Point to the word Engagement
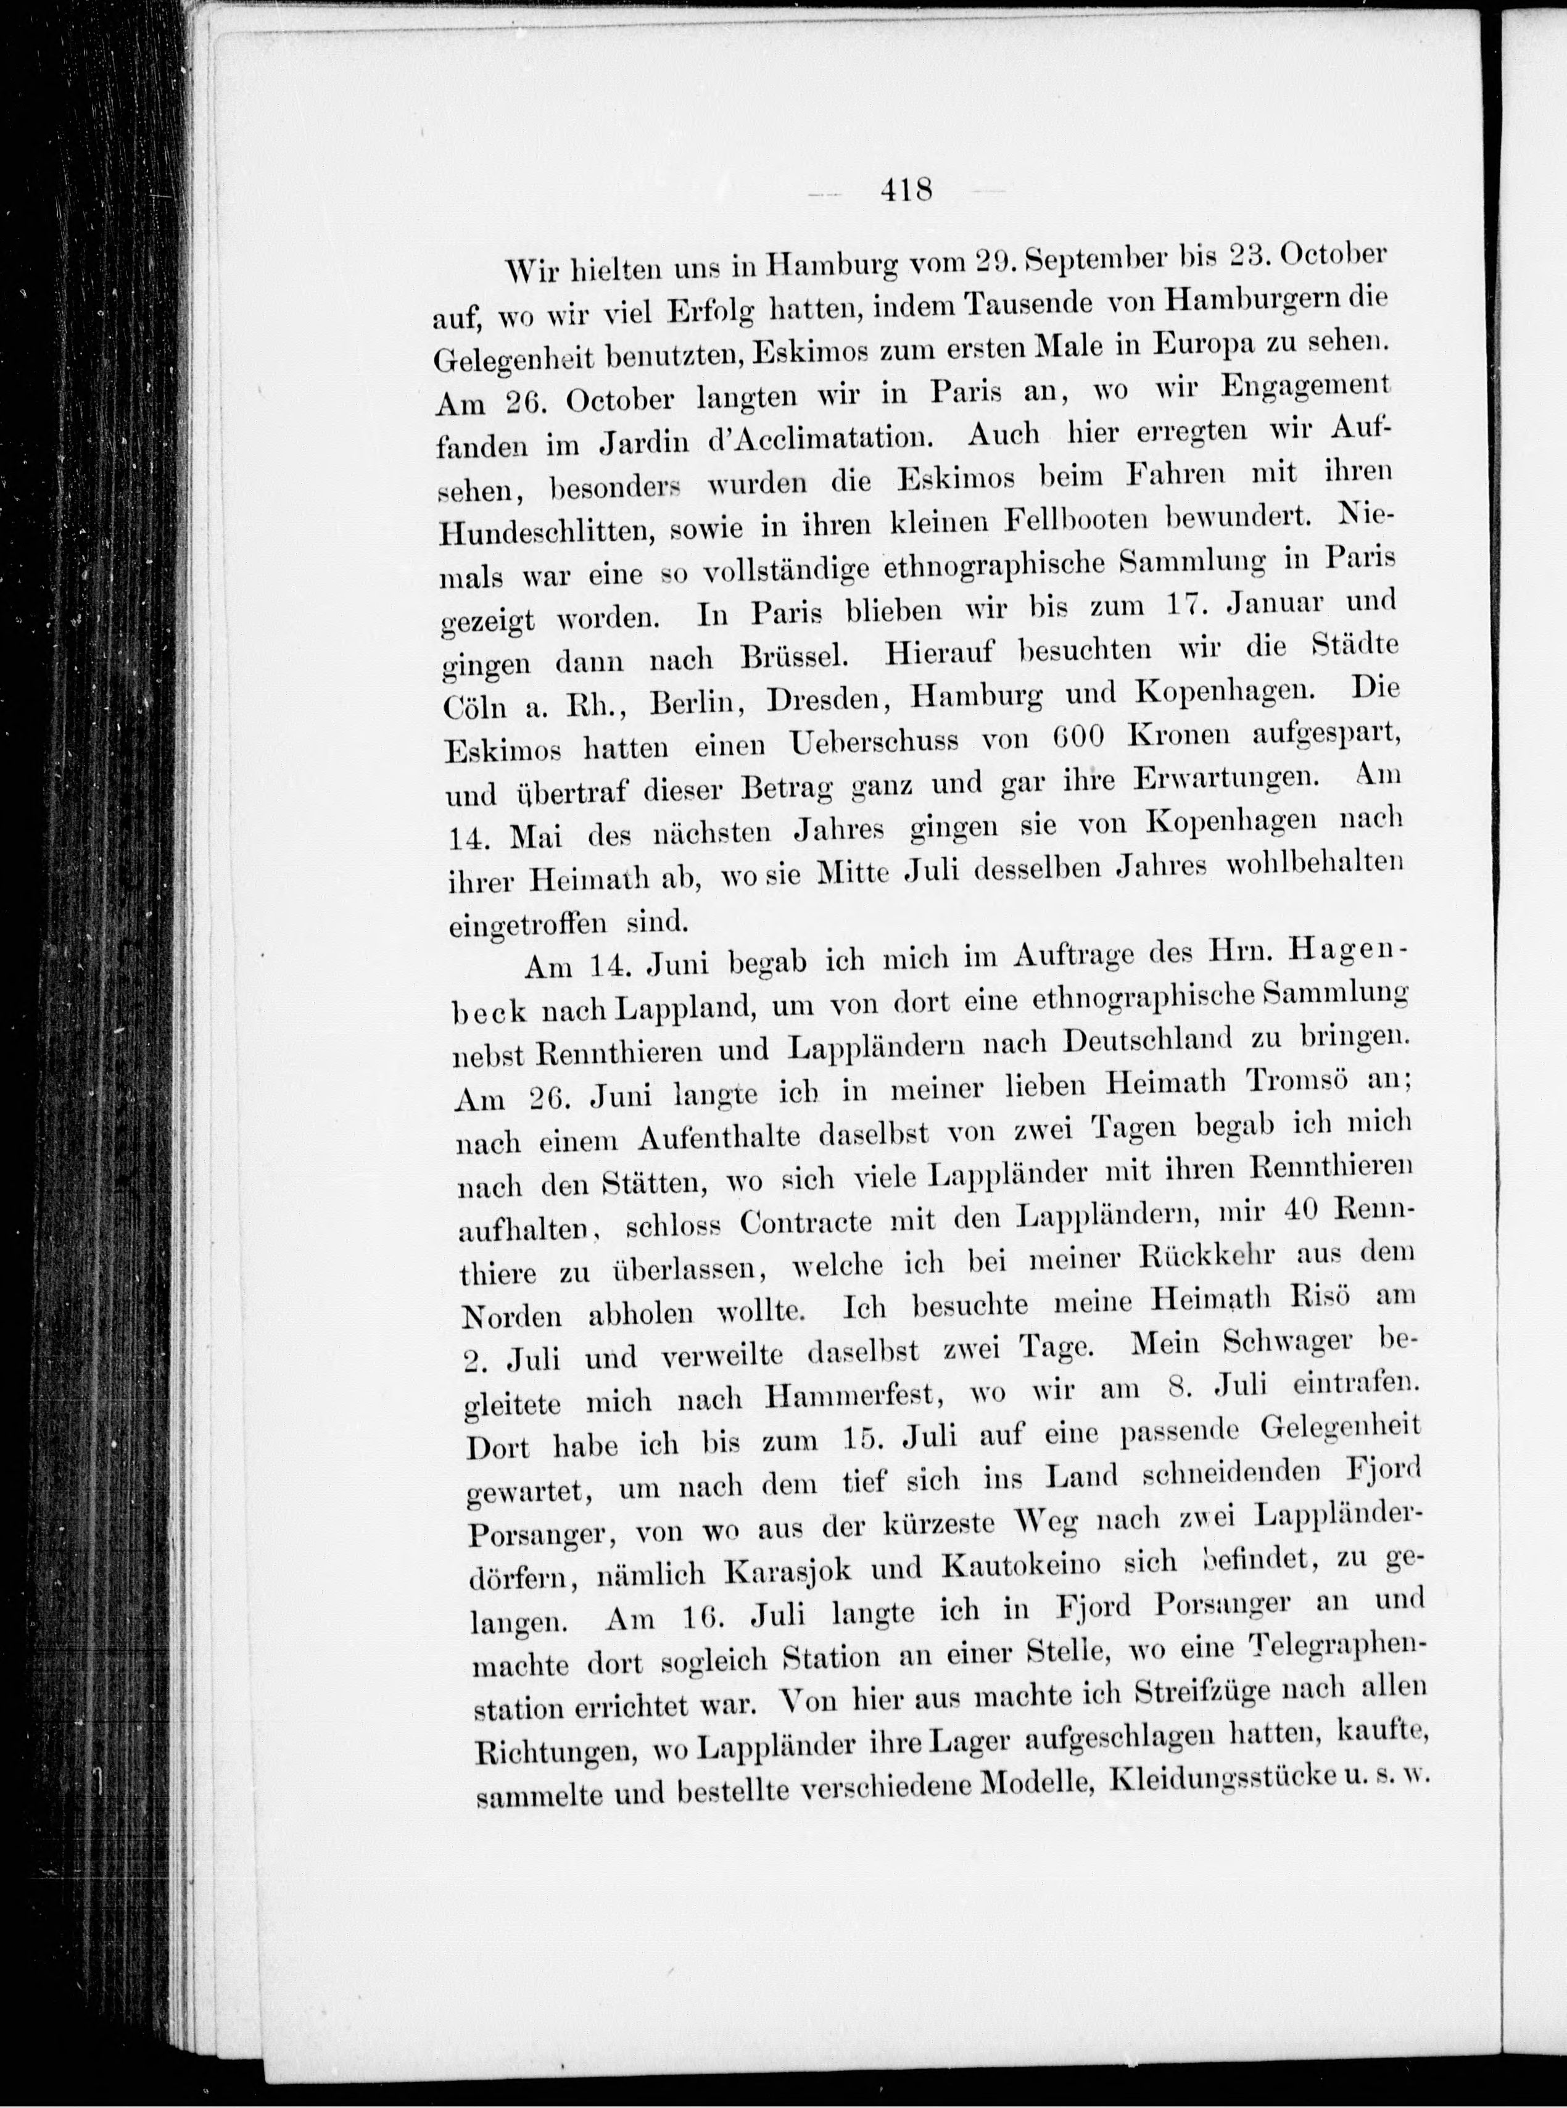click(x=1305, y=389)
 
